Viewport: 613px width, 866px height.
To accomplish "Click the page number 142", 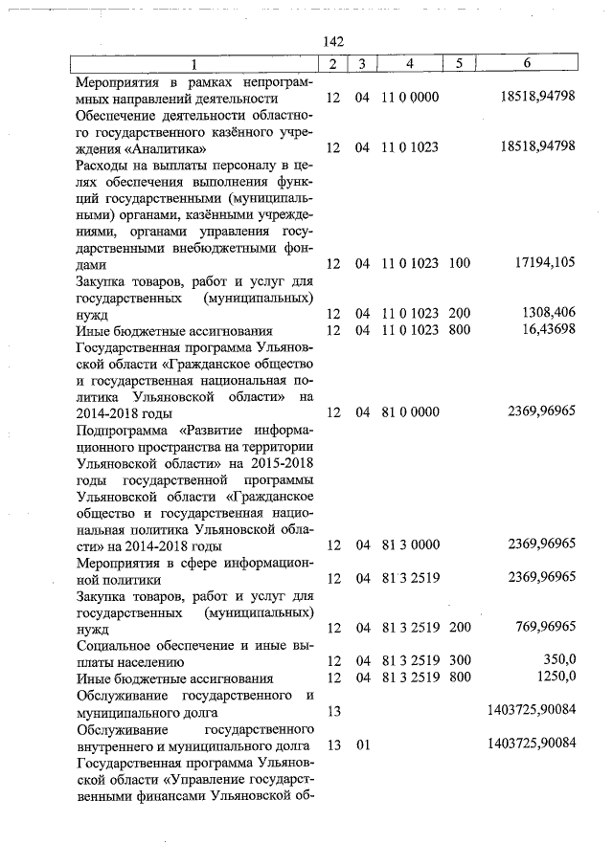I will pos(333,41).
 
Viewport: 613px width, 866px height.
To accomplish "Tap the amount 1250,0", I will pos(554,677).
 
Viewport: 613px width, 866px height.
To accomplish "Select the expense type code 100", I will pos(459,264).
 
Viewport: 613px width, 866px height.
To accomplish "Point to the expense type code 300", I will pos(459,661).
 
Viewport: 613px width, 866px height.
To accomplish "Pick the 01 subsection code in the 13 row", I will pos(362,744).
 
